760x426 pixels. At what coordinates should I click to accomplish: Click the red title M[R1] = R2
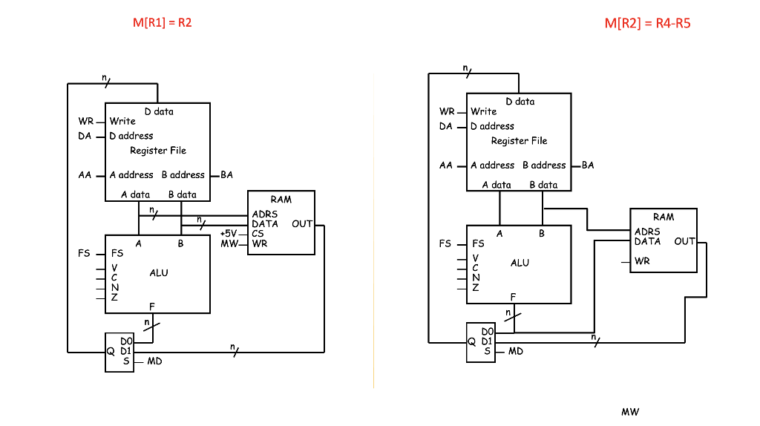pyautogui.click(x=163, y=23)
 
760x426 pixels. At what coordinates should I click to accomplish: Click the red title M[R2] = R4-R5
pyautogui.click(x=647, y=23)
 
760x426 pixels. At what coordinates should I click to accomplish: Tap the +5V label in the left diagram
pyautogui.click(x=229, y=233)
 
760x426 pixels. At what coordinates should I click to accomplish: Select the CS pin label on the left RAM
pyautogui.click(x=258, y=234)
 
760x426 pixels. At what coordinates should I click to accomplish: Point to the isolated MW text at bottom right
pyautogui.click(x=630, y=412)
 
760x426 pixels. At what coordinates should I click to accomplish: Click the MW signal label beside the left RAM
pyautogui.click(x=229, y=243)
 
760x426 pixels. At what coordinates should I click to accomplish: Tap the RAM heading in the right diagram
pyautogui.click(x=664, y=217)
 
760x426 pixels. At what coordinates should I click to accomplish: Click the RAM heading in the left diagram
pyautogui.click(x=281, y=199)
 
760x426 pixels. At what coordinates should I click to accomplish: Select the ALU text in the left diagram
pyautogui.click(x=159, y=273)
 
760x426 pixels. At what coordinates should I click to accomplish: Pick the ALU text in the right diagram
pyautogui.click(x=520, y=263)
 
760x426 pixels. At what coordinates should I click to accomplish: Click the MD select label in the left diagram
pyautogui.click(x=154, y=361)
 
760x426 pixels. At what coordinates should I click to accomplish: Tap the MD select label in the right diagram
pyautogui.click(x=516, y=351)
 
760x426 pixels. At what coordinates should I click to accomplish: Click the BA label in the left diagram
pyautogui.click(x=226, y=174)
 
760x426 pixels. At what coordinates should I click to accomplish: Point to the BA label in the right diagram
pyautogui.click(x=588, y=165)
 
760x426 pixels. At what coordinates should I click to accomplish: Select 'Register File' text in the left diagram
pyautogui.click(x=158, y=151)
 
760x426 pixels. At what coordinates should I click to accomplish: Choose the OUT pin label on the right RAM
pyautogui.click(x=684, y=241)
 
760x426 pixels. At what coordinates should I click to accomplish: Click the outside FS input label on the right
pyautogui.click(x=445, y=243)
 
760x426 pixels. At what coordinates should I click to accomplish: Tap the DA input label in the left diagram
pyautogui.click(x=85, y=136)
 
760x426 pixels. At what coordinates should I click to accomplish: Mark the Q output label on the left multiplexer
pyautogui.click(x=111, y=352)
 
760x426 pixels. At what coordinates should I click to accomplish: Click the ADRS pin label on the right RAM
pyautogui.click(x=647, y=232)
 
